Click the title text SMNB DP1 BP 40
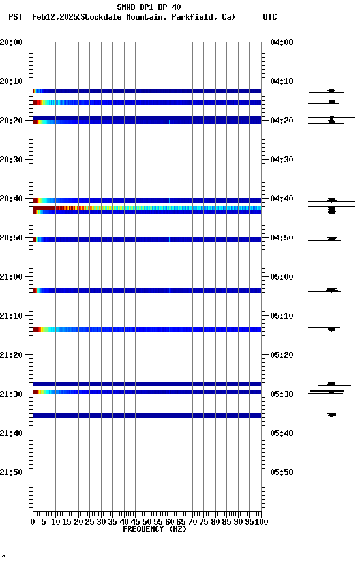tap(149, 7)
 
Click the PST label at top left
tap(16, 17)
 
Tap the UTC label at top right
tap(270, 17)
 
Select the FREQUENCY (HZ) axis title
tap(154, 529)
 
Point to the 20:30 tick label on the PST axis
tap(11, 160)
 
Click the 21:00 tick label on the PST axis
tap(11, 277)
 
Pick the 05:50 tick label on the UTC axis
tap(281, 472)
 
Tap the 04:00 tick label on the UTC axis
tap(281, 42)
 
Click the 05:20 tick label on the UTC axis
tap(281, 355)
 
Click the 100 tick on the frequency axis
tap(261, 521)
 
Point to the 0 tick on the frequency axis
tap(33, 521)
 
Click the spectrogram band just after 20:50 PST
tap(147, 239)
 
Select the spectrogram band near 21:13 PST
tap(147, 329)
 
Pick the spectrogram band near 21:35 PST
tap(147, 415)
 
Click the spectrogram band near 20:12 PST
tap(147, 91)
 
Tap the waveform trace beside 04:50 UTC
tap(331, 239)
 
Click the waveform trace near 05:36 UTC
tap(332, 414)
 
